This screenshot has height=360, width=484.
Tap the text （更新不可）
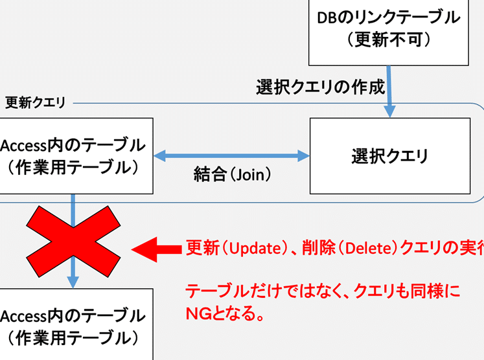pos(389,41)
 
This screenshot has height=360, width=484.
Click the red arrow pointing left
pos(156,249)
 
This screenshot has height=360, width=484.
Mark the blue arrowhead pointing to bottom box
pos(73,281)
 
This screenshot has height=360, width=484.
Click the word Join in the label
pos(249,174)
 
